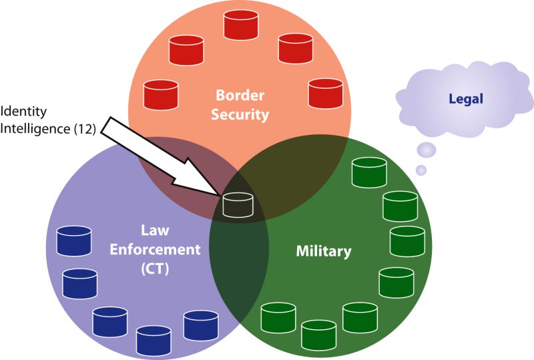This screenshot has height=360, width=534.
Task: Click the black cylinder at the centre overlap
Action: [238, 204]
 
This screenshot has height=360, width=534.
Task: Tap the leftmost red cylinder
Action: [161, 94]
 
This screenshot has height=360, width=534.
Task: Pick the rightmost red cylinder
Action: [326, 92]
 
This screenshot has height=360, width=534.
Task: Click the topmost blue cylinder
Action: [74, 240]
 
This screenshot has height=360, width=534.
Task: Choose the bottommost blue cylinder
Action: [154, 339]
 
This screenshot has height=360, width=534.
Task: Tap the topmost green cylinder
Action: [369, 172]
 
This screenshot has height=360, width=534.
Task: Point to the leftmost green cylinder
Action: [278, 317]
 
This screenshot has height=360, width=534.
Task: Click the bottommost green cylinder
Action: [319, 333]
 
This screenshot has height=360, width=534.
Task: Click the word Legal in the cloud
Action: [466, 99]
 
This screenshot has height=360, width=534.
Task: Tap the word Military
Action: [323, 251]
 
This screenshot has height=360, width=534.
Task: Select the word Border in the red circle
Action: [240, 96]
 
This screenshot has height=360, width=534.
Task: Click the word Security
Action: [240, 114]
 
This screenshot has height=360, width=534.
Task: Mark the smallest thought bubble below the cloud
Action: [421, 170]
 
